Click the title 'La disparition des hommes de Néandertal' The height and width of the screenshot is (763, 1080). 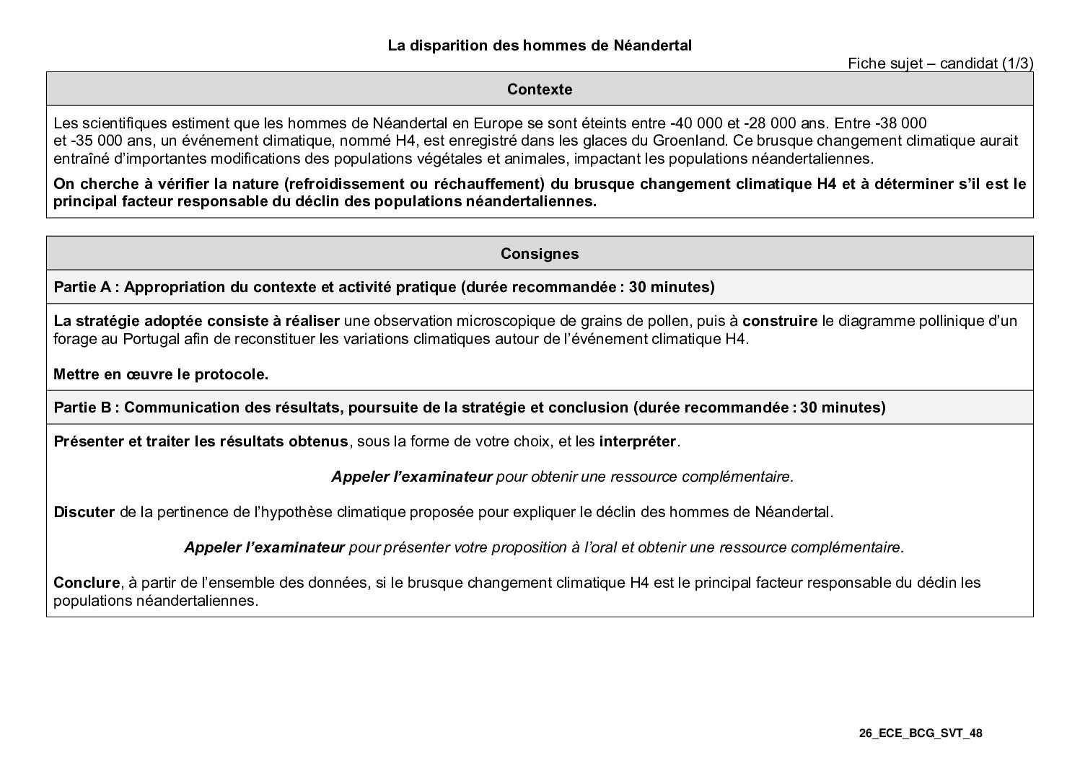point(540,45)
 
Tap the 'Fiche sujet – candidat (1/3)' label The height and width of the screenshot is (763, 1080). point(940,63)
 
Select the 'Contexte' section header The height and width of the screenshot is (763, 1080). point(540,89)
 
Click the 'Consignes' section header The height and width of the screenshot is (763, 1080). point(540,254)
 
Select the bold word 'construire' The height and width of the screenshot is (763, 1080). point(780,321)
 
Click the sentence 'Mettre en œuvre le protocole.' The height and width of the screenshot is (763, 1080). point(161,374)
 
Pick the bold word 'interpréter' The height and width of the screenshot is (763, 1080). point(638,441)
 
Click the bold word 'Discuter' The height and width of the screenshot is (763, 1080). point(84,512)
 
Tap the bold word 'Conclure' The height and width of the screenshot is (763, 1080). point(87,582)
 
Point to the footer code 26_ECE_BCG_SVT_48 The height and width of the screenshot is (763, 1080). point(921,733)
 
